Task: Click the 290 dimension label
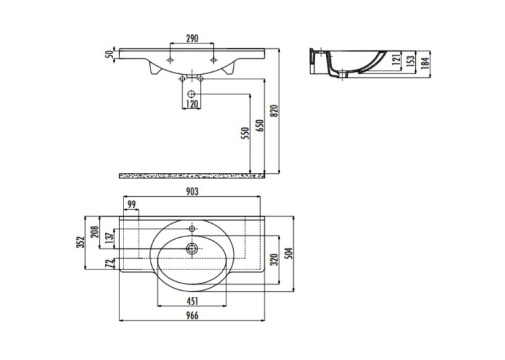(x=192, y=38)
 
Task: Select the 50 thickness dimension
(x=110, y=54)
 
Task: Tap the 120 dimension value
(x=192, y=104)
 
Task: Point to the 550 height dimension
(x=245, y=133)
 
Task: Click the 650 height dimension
(x=260, y=126)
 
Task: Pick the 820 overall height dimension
(x=275, y=111)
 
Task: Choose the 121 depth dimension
(x=397, y=59)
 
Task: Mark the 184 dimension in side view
(x=425, y=63)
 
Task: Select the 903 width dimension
(x=192, y=192)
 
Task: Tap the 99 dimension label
(x=132, y=205)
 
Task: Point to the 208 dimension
(x=94, y=232)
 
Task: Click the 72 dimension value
(x=110, y=264)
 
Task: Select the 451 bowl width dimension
(x=192, y=301)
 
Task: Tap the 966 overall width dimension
(x=192, y=316)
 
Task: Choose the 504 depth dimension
(x=289, y=254)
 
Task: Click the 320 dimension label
(x=274, y=260)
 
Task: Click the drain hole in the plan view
(x=192, y=248)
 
